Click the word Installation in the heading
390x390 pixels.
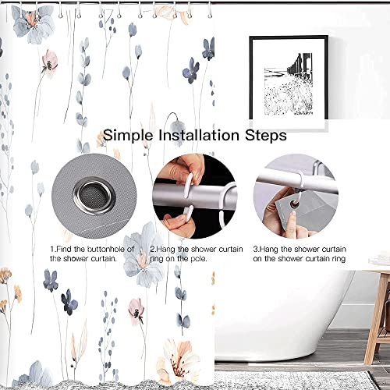coord(200,135)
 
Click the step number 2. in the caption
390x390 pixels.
coord(152,248)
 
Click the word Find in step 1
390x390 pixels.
coord(68,248)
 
